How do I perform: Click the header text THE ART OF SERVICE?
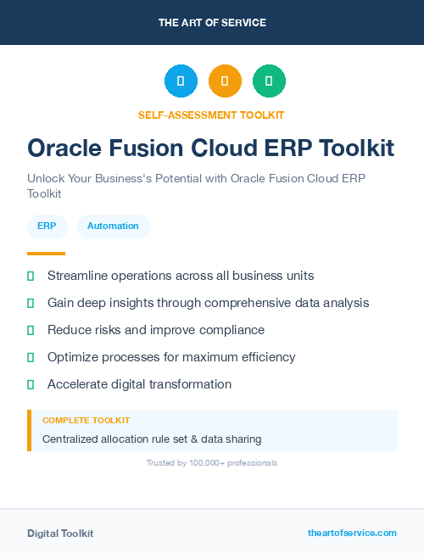click(x=212, y=23)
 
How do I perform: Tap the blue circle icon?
click(x=181, y=81)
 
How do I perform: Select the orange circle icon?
click(x=225, y=81)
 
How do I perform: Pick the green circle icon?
click(x=269, y=81)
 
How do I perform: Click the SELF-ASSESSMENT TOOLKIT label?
click(x=211, y=115)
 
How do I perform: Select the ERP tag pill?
click(x=47, y=226)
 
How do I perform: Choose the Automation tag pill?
click(x=113, y=226)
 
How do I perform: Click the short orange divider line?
click(x=46, y=253)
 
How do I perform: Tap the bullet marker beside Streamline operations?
click(x=31, y=276)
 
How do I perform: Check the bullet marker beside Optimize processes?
click(x=31, y=357)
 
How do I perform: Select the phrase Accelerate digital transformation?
click(x=139, y=384)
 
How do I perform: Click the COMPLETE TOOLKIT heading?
click(x=86, y=421)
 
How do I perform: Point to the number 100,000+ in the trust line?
click(x=195, y=463)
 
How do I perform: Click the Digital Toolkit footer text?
click(x=60, y=534)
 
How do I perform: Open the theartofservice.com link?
click(x=352, y=533)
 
